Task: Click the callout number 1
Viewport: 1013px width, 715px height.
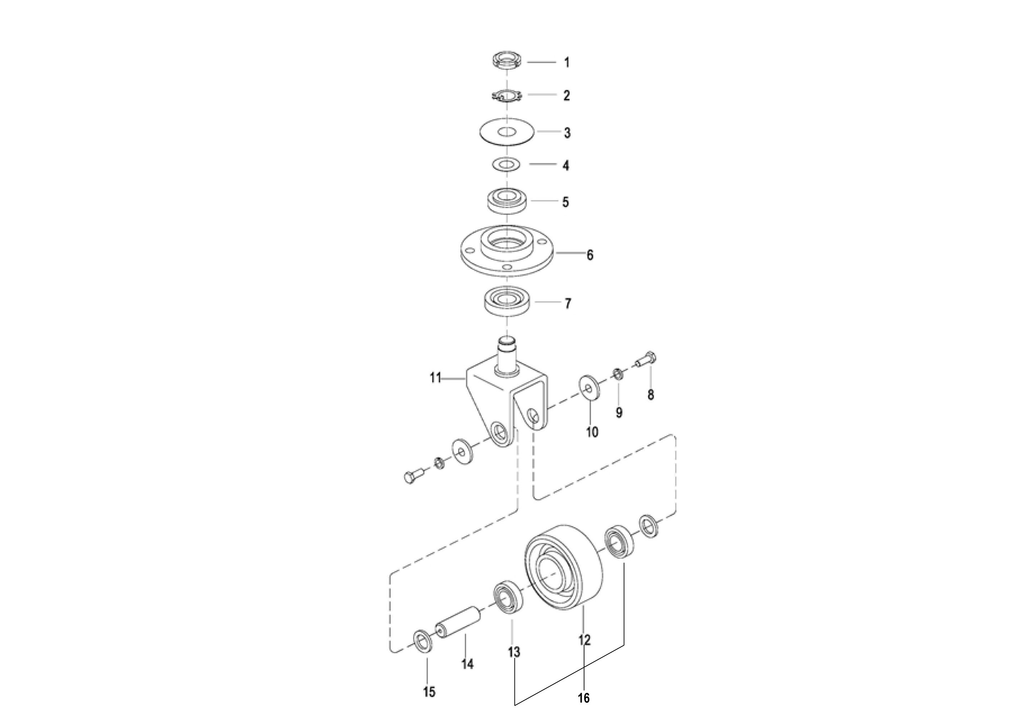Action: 567,63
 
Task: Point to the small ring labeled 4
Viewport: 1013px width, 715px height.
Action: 506,164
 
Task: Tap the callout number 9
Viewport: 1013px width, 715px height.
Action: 619,413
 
